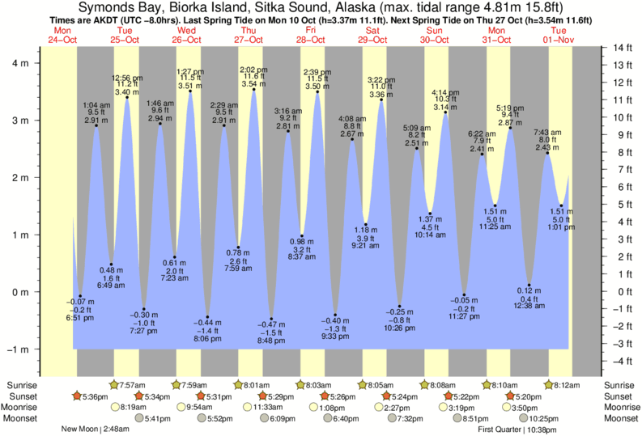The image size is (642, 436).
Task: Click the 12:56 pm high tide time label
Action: click(x=127, y=78)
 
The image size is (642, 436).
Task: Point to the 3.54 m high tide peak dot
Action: click(x=254, y=90)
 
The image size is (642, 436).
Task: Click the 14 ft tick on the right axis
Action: click(x=616, y=48)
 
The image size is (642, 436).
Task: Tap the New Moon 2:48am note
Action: click(x=96, y=430)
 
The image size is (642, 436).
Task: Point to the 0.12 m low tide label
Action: click(x=529, y=290)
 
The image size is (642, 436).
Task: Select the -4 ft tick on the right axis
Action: click(x=616, y=361)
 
